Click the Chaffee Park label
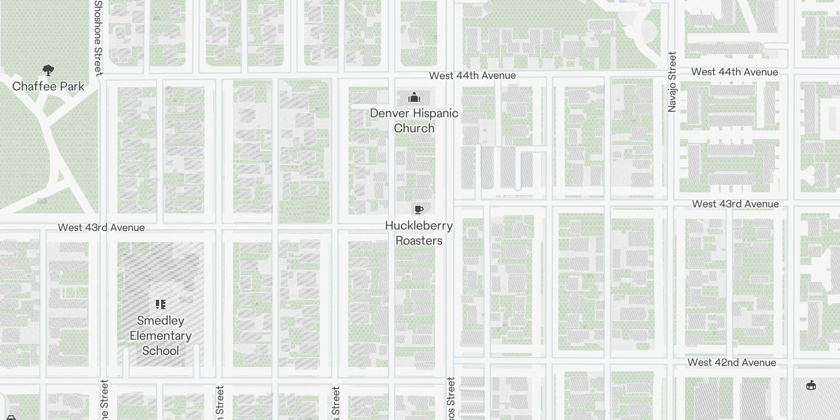[x=48, y=87]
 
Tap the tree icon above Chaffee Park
[x=48, y=70]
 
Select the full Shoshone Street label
[x=98, y=37]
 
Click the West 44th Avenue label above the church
[x=472, y=76]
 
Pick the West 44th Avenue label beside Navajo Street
[x=734, y=72]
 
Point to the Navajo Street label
[x=672, y=81]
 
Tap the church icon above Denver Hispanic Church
[x=414, y=98]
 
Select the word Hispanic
[x=436, y=113]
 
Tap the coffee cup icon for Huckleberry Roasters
[x=418, y=210]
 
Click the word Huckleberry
[x=419, y=226]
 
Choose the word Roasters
[x=419, y=240]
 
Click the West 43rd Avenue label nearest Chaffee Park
[x=101, y=227]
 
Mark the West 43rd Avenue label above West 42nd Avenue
[x=735, y=204]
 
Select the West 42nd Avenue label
[x=731, y=362]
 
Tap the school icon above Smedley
[x=161, y=304]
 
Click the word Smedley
[x=161, y=321]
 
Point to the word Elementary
[x=161, y=335]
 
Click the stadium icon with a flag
[x=811, y=385]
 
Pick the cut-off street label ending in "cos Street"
[x=450, y=399]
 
